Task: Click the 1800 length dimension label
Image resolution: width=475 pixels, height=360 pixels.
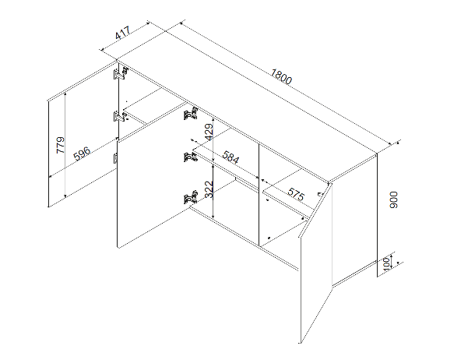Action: [x=281, y=76]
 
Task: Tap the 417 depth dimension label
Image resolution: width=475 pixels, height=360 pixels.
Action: [x=123, y=33]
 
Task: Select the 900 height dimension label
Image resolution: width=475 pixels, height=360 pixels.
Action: [x=393, y=199]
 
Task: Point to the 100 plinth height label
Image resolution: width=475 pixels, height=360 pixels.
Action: [x=386, y=263]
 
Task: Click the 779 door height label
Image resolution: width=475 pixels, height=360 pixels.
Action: [x=61, y=145]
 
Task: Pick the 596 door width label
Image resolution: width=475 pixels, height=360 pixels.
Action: [x=82, y=154]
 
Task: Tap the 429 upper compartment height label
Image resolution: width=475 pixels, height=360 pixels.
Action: [x=209, y=132]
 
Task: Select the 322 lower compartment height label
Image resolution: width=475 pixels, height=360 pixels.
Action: [x=209, y=189]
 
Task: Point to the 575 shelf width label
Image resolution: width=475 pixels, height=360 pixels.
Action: [x=295, y=195]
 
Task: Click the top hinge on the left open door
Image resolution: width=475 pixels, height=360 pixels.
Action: [x=121, y=73]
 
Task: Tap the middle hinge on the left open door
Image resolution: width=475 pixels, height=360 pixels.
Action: [x=121, y=116]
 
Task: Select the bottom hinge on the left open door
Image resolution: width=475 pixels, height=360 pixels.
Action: [x=115, y=158]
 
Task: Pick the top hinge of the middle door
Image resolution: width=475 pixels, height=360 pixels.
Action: [x=191, y=113]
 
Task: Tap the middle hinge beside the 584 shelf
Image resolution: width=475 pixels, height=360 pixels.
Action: [x=191, y=156]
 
